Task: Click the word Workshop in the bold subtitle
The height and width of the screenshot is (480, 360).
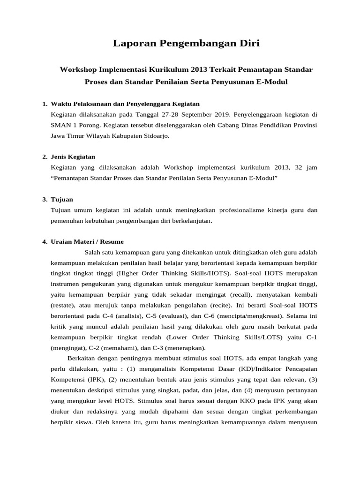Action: point(78,69)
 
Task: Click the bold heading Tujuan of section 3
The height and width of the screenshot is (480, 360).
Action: point(62,199)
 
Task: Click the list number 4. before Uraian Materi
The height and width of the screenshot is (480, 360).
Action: point(45,242)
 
